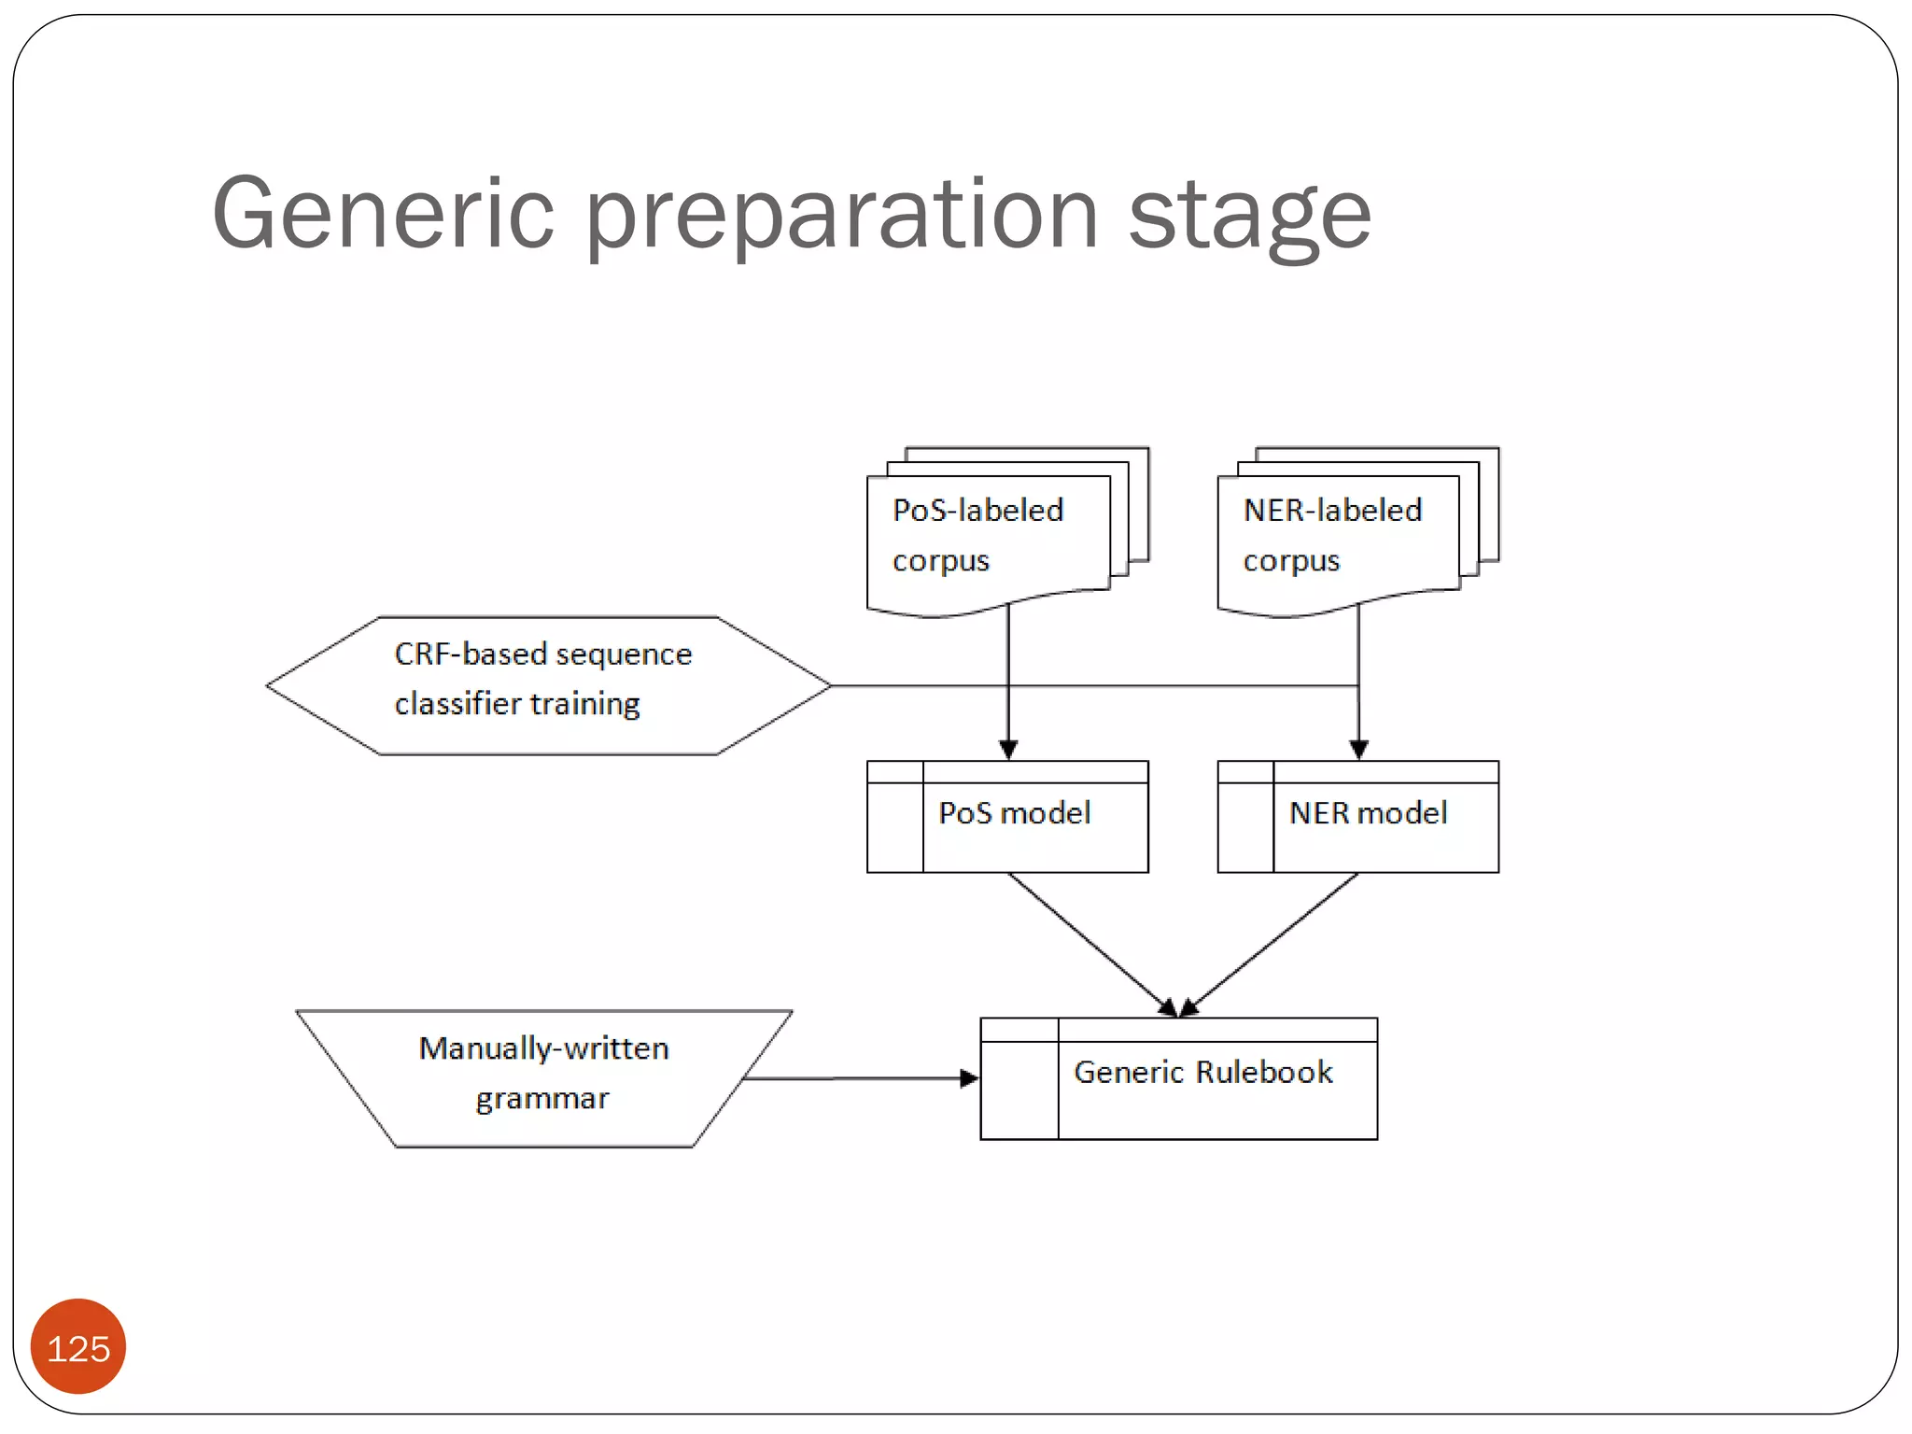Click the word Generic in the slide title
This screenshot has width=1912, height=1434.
pyautogui.click(x=383, y=215)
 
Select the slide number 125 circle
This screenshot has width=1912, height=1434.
pyautogui.click(x=78, y=1347)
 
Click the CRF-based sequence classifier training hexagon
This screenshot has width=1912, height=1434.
pyautogui.click(x=549, y=685)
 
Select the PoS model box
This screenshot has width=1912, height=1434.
pyautogui.click(x=1008, y=816)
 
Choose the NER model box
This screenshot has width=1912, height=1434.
pyautogui.click(x=1358, y=816)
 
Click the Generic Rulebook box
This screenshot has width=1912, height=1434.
pyautogui.click(x=1179, y=1078)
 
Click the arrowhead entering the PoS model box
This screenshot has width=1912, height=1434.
pyautogui.click(x=1008, y=750)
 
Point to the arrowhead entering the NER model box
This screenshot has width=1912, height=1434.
pyautogui.click(x=1359, y=750)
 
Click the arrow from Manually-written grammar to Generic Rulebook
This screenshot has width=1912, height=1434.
pyautogui.click(x=859, y=1078)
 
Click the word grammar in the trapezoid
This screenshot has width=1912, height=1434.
pyautogui.click(x=542, y=1099)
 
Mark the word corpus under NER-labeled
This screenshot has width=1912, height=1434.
pyautogui.click(x=1291, y=561)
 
